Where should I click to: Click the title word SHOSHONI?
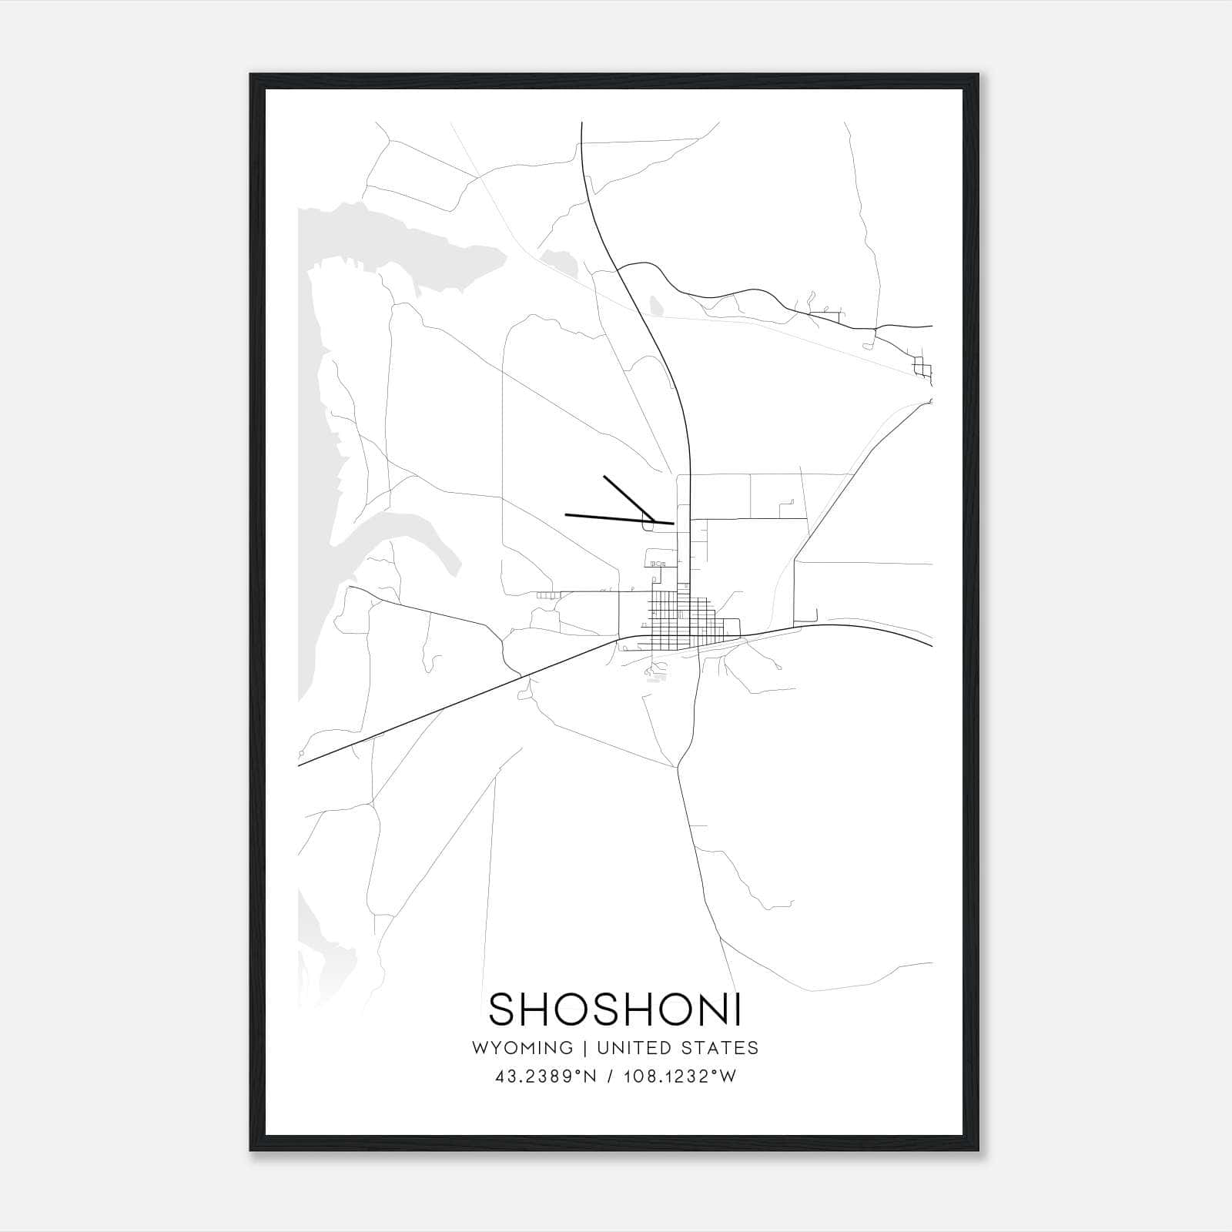click(615, 1009)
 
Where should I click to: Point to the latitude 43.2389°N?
click(546, 1076)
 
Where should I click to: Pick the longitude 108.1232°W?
click(679, 1076)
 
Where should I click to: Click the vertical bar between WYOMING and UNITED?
click(585, 1048)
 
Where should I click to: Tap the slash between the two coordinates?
click(611, 1076)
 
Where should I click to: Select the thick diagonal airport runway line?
click(628, 498)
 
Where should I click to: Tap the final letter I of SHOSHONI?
click(737, 1009)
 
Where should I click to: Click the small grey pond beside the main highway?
click(655, 305)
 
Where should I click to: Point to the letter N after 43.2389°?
click(591, 1076)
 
